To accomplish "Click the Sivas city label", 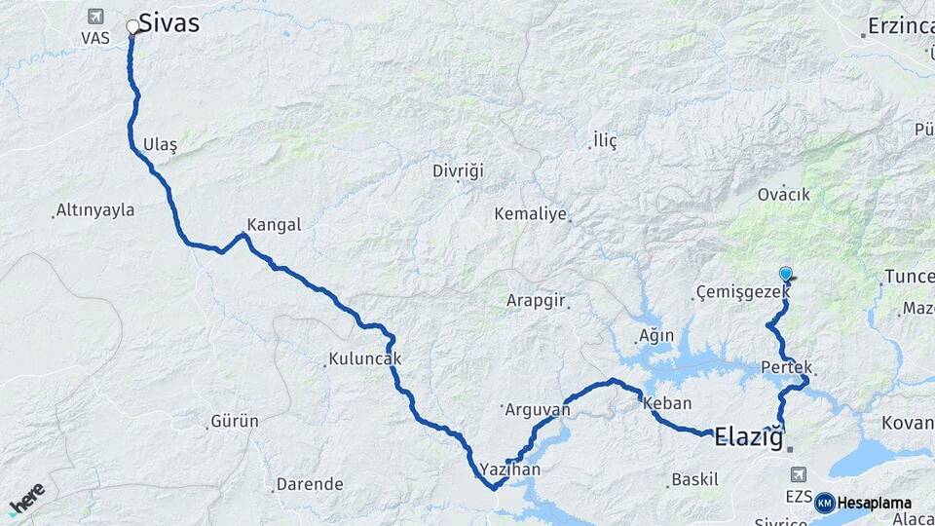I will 168,22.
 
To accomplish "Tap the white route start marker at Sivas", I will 132,26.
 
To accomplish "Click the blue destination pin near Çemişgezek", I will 786,275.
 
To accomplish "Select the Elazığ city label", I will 748,437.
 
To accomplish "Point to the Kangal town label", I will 274,224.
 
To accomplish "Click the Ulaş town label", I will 160,144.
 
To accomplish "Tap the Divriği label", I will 458,171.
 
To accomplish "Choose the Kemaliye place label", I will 530,213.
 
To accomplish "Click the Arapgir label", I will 536,301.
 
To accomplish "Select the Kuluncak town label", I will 365,359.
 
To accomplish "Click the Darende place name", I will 310,483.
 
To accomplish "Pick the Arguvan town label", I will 536,410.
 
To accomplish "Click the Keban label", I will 667,403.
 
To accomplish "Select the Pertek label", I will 787,367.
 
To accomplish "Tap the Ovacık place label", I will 784,195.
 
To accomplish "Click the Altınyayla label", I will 95,209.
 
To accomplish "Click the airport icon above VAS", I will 95,16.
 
